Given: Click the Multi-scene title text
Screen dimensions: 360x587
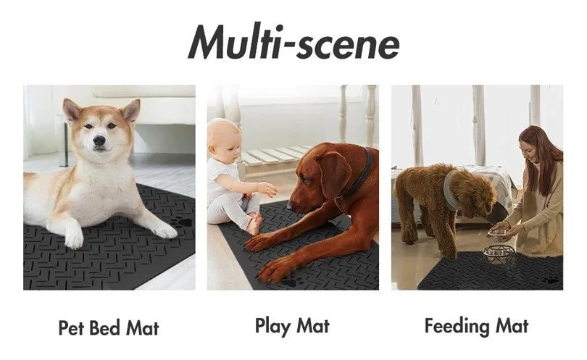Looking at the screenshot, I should click(293, 43).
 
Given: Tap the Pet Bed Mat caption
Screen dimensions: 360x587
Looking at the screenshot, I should click(108, 327).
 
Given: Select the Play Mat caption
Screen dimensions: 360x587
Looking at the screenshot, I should click(293, 326).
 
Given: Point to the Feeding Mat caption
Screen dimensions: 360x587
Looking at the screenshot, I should click(476, 326).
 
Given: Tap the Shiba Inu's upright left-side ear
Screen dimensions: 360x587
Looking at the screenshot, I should click(71, 109).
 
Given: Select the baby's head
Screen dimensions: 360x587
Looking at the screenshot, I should click(223, 138).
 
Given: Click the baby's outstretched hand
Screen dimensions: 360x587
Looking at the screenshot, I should click(268, 190).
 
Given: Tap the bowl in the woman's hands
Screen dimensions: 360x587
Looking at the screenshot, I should click(499, 231).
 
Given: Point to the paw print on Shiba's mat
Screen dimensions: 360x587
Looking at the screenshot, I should click(183, 222).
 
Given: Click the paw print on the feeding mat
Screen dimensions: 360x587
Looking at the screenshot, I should click(552, 280).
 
